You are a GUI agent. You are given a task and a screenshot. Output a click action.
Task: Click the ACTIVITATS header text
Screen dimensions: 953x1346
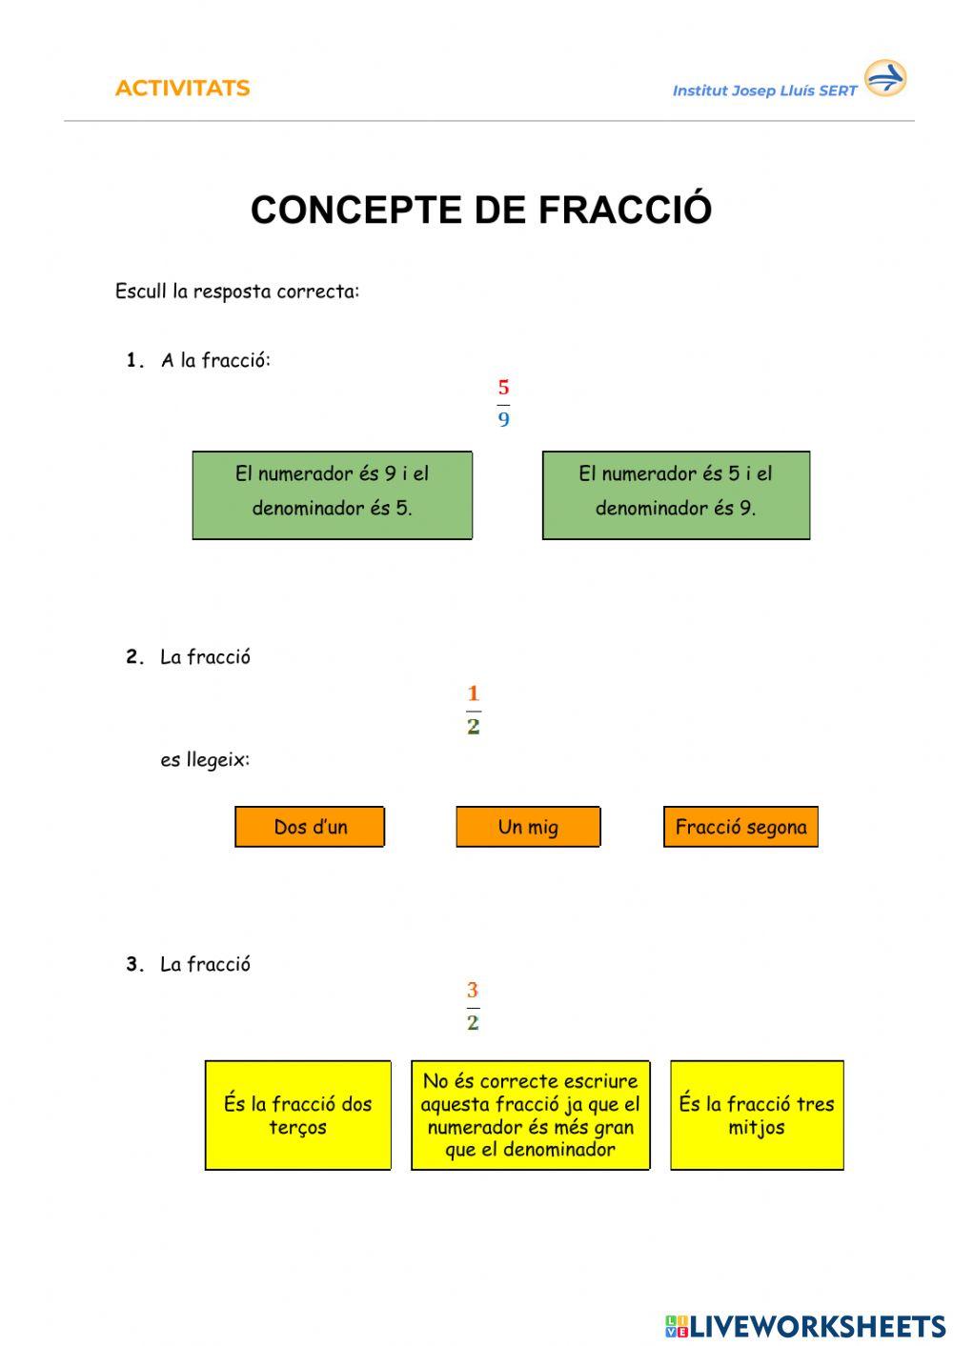click(x=182, y=89)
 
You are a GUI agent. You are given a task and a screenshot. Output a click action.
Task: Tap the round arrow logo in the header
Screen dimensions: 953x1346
click(x=884, y=78)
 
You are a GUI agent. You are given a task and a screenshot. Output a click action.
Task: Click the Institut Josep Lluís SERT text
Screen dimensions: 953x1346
click(x=764, y=91)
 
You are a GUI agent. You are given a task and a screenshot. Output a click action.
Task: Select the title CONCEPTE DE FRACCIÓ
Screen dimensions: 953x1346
click(x=480, y=210)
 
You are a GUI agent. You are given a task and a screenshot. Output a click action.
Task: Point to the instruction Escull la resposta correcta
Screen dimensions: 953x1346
click(x=237, y=291)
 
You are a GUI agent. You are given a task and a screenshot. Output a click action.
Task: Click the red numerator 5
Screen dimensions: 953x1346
click(x=503, y=388)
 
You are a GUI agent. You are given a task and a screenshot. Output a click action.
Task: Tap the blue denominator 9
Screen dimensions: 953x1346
click(x=503, y=419)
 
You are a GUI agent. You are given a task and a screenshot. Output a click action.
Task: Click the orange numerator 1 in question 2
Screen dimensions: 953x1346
click(x=473, y=693)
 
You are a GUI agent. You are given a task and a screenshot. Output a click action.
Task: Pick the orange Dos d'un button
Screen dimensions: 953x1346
click(x=310, y=827)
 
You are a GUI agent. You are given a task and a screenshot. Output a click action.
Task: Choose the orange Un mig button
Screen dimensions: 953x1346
click(x=528, y=827)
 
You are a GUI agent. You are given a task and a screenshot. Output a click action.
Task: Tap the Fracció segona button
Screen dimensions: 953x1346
click(x=740, y=827)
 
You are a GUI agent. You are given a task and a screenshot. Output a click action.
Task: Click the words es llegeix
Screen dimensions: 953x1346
click(x=205, y=760)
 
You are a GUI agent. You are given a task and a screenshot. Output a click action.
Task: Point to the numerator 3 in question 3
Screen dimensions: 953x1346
click(x=473, y=991)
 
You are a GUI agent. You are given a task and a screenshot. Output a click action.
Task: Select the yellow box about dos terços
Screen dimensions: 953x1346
click(x=297, y=1115)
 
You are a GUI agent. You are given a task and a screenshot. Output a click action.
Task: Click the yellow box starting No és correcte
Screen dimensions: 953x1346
click(x=530, y=1115)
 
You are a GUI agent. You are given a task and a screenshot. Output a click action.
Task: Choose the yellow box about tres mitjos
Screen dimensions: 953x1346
click(x=757, y=1115)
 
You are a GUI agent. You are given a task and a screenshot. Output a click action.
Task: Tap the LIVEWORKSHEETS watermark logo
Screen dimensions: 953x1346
click(x=805, y=1326)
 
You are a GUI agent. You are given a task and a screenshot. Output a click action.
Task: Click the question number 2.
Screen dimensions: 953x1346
click(x=134, y=657)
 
